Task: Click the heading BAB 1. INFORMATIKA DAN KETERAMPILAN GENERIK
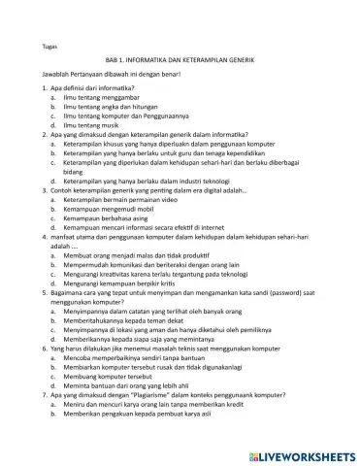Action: coord(180,60)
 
